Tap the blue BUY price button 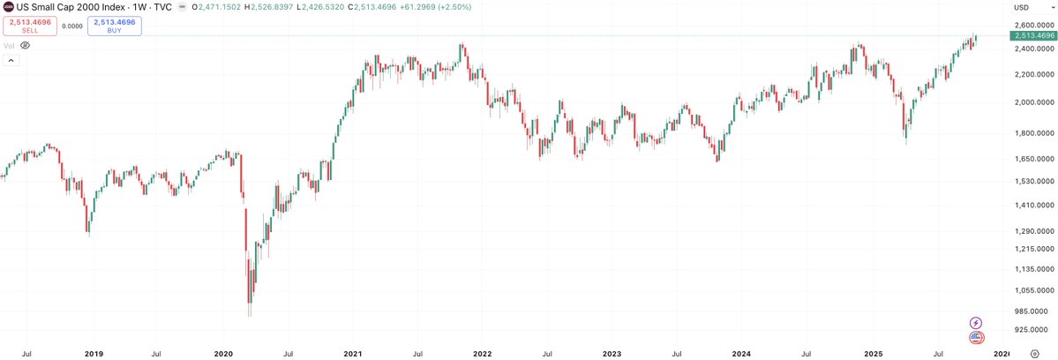(114, 26)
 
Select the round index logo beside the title (8, 6)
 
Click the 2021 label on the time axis (352, 353)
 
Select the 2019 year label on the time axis (94, 353)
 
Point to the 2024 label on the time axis (741, 353)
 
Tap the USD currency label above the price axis (1022, 7)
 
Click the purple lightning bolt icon (976, 323)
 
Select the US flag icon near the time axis (976, 337)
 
